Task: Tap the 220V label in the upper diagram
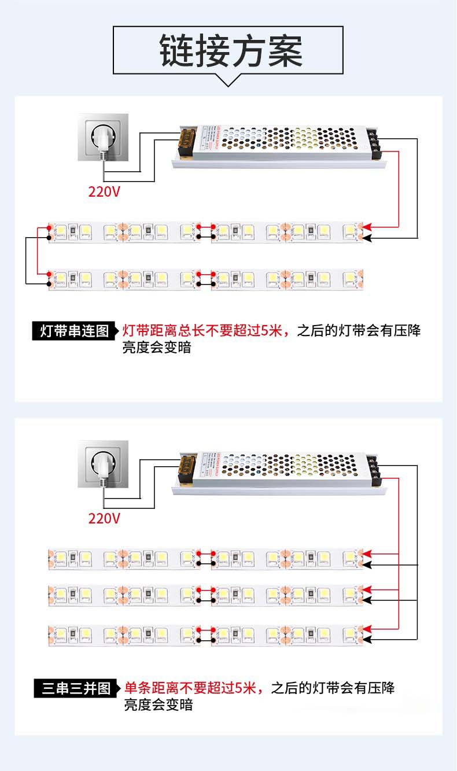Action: (x=104, y=191)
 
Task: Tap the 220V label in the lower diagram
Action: (x=104, y=518)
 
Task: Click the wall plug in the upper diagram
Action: (x=104, y=139)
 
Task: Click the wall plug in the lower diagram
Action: (x=104, y=465)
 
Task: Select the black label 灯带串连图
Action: (x=74, y=331)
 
